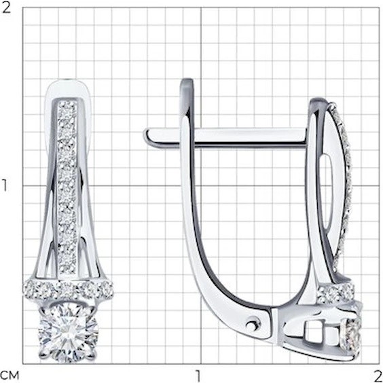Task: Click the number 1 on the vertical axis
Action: coord(5,185)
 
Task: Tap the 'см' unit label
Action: coord(10,375)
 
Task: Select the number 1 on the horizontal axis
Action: coord(198,376)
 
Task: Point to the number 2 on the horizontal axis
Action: coord(378,376)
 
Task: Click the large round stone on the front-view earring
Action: coord(69,333)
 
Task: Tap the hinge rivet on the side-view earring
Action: coord(253,325)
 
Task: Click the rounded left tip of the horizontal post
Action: coord(147,136)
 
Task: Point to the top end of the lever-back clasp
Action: coord(187,81)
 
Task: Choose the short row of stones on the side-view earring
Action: coord(336,293)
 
